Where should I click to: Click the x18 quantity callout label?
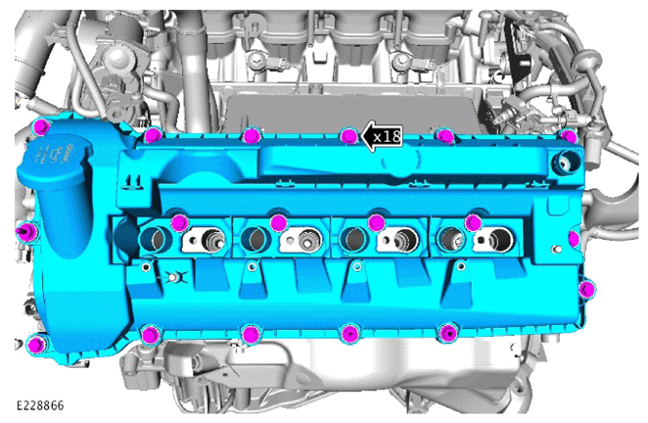point(387,136)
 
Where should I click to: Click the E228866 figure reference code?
point(40,405)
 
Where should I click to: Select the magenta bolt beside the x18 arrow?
point(349,136)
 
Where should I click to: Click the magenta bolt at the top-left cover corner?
point(42,126)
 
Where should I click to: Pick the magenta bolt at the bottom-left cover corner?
point(36,345)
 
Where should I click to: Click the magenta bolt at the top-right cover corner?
point(569,136)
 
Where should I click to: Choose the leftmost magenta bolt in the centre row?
point(180,223)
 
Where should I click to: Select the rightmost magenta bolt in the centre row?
point(473,223)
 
